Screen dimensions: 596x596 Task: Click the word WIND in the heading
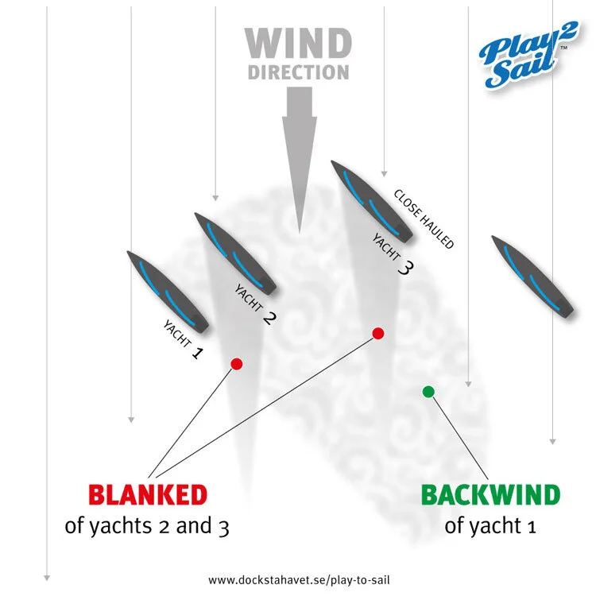click(298, 44)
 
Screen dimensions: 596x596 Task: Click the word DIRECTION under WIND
click(298, 72)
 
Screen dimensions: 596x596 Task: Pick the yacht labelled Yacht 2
click(234, 253)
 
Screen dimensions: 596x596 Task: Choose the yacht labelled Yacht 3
click(371, 201)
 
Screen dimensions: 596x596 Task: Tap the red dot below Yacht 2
click(236, 364)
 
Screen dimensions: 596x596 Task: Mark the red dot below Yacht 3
click(378, 334)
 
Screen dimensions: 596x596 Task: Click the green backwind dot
click(428, 391)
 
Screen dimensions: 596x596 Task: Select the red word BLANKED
click(148, 495)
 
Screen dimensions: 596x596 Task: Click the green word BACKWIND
click(490, 495)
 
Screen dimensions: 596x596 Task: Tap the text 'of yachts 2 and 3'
click(147, 526)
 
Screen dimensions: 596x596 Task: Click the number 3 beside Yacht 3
click(404, 268)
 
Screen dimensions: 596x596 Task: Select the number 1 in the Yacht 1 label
click(197, 351)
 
